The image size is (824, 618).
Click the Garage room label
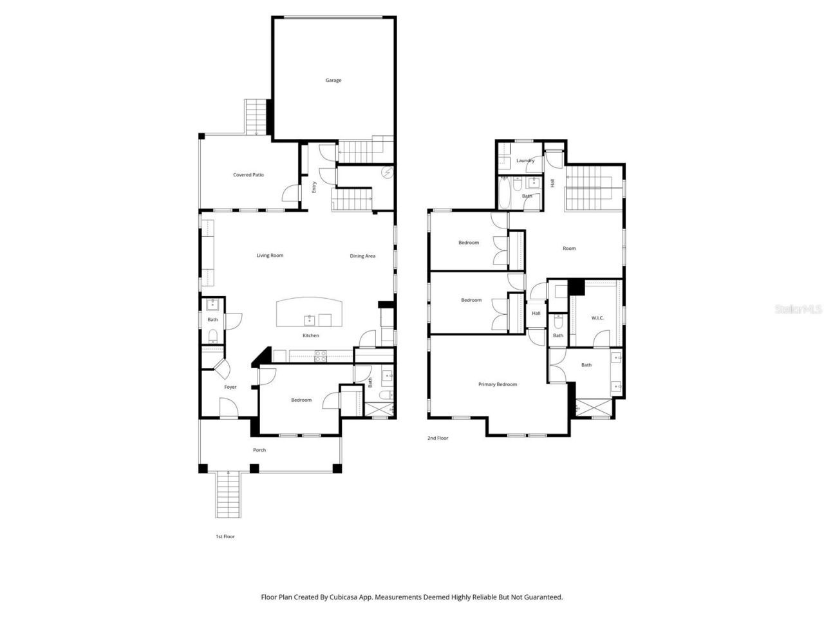[333, 80]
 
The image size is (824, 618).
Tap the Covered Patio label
[248, 175]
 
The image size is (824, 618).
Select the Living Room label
[270, 256]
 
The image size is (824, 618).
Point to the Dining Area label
[362, 256]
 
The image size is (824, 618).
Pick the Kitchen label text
[311, 335]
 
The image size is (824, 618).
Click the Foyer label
[230, 387]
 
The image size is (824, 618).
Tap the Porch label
[259, 450]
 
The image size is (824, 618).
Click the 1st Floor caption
[225, 536]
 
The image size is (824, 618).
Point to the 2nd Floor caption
[438, 438]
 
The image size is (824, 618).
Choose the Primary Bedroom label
[498, 384]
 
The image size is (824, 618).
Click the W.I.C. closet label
[597, 318]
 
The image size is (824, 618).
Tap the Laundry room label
[525, 161]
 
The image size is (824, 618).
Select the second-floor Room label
[569, 248]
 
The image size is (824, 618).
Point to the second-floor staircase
[592, 187]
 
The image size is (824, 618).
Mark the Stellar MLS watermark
[798, 309]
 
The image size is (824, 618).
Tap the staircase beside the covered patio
[256, 117]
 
